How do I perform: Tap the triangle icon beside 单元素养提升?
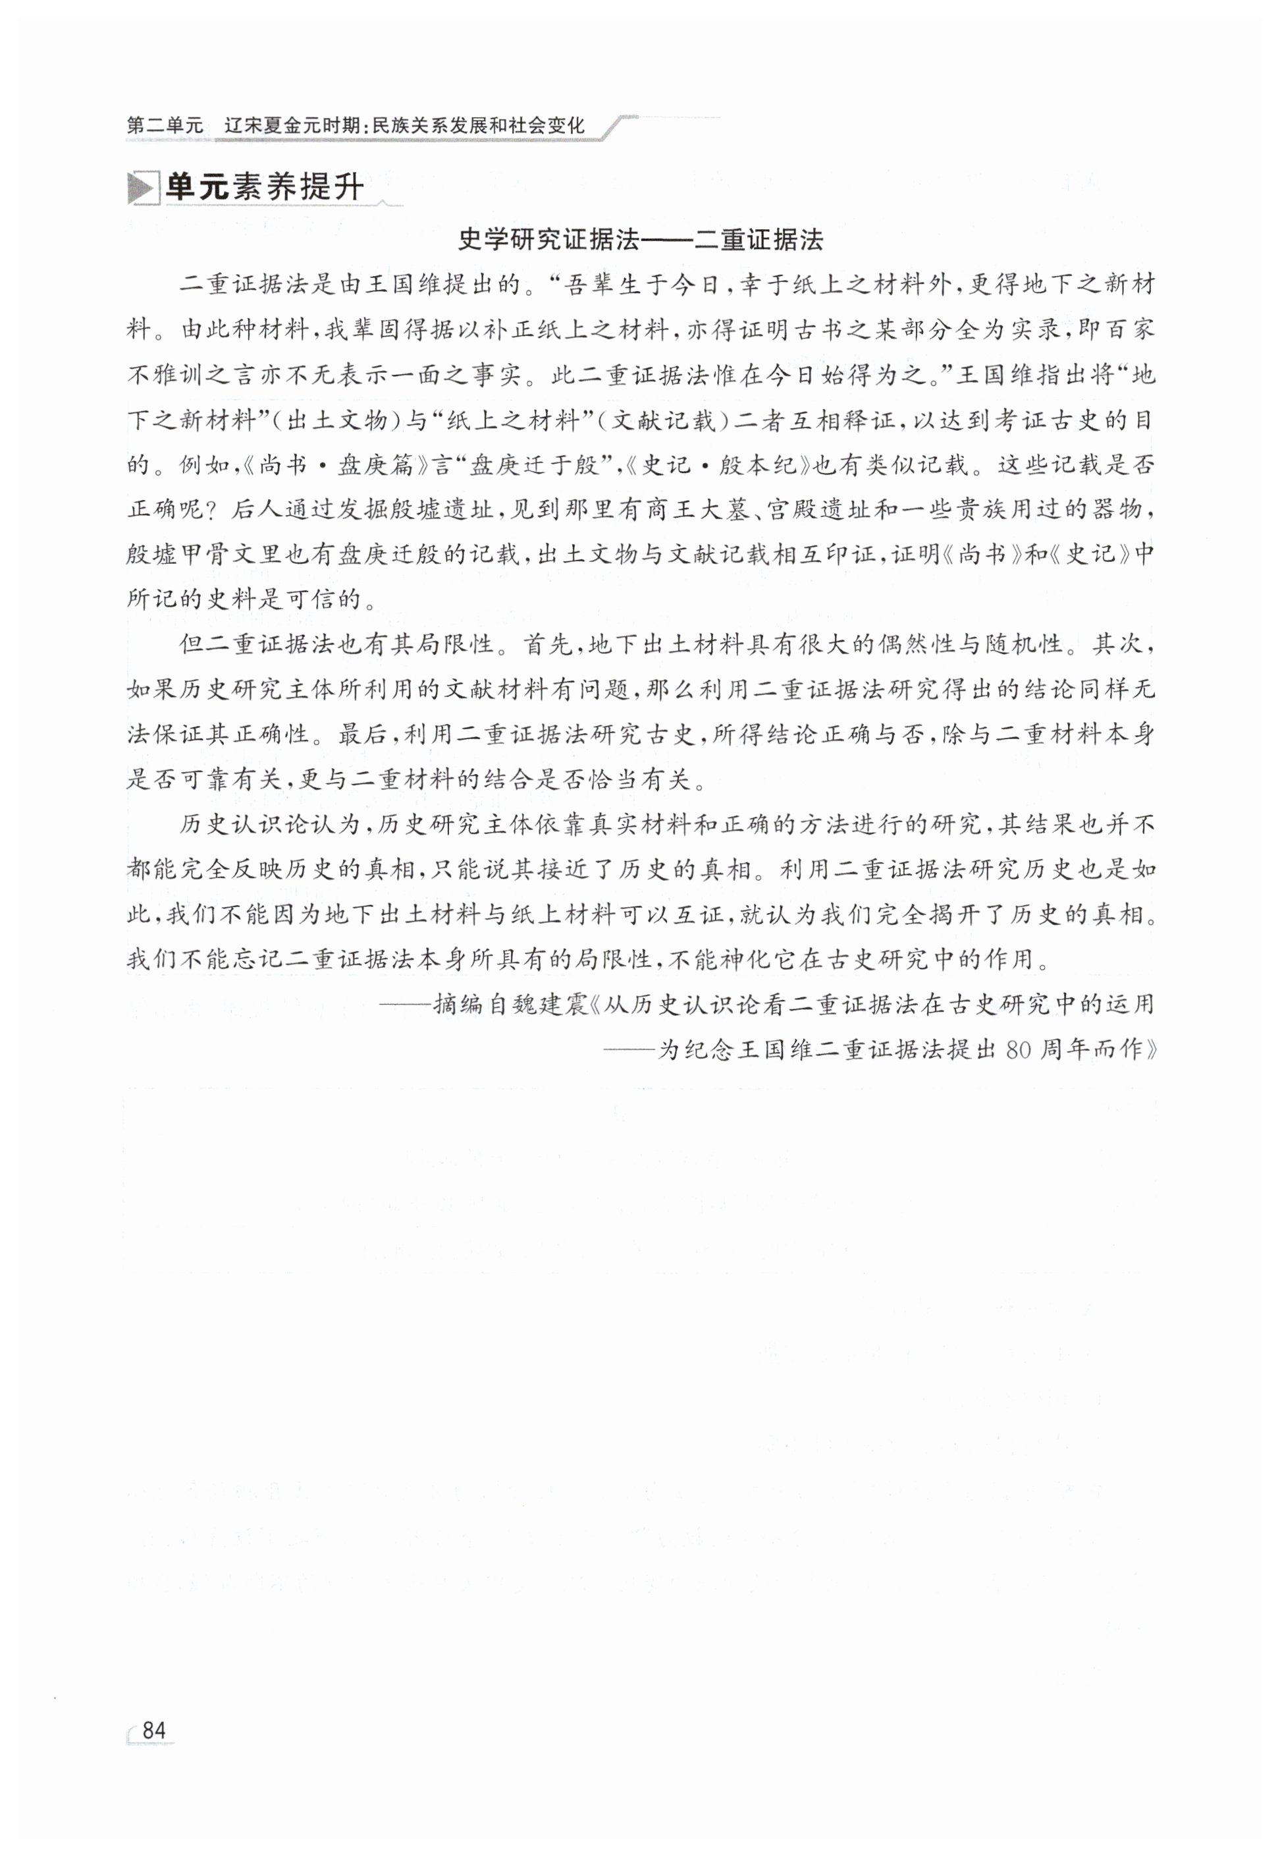pyautogui.click(x=142, y=189)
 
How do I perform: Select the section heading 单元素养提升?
pyautogui.click(x=265, y=188)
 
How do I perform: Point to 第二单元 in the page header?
pyautogui.click(x=165, y=126)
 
